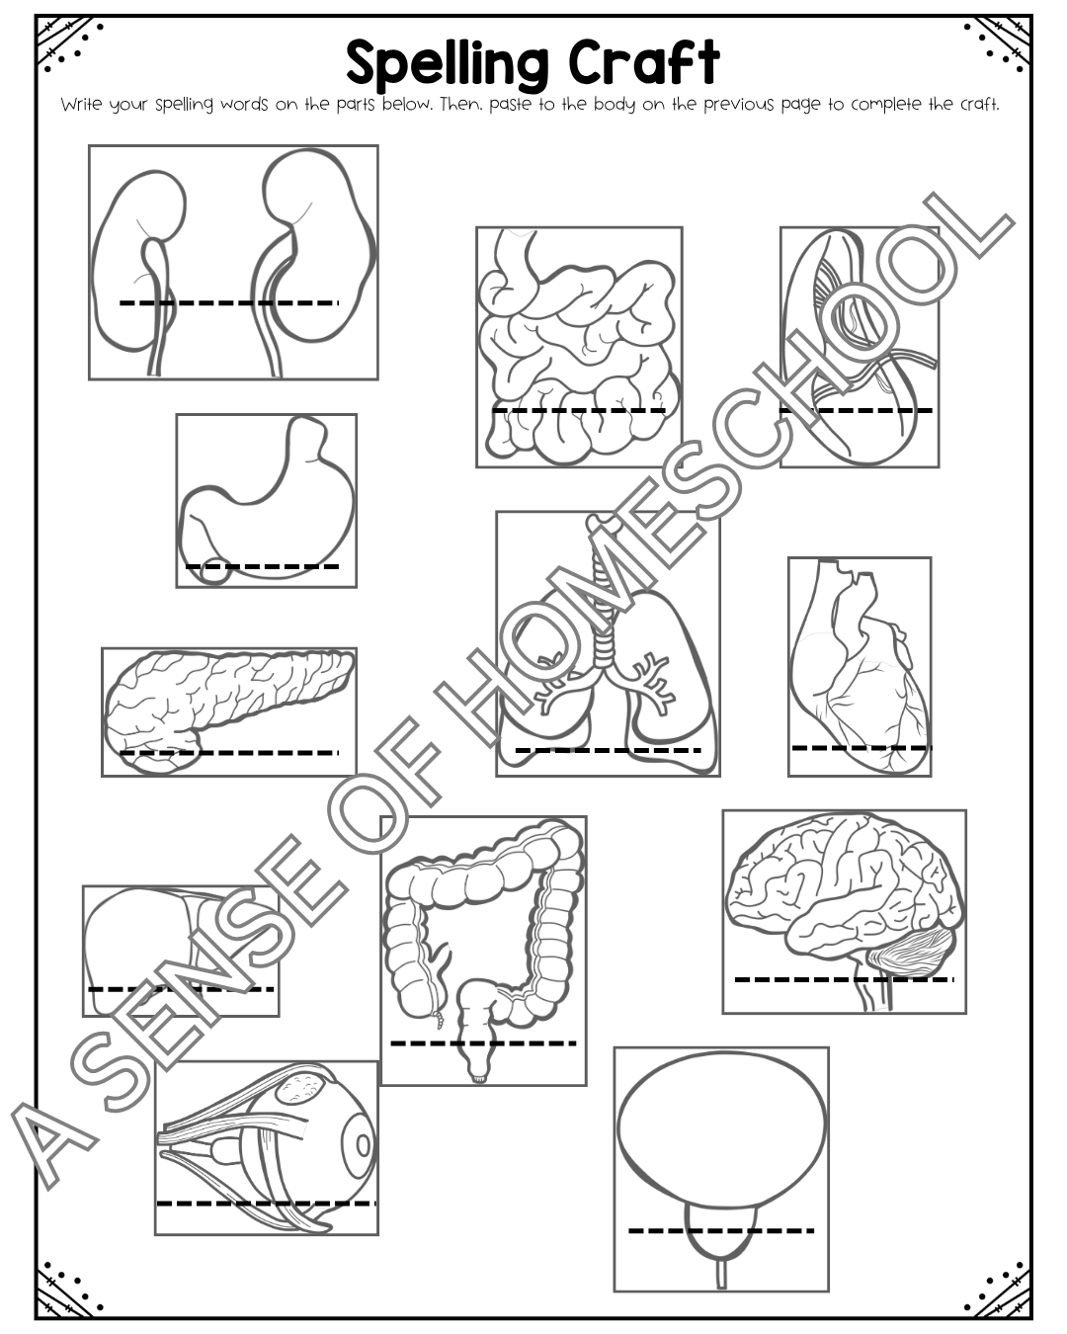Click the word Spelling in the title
coord(447,64)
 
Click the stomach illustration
coord(267,502)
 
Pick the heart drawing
coord(861,670)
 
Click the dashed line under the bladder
coord(721,1230)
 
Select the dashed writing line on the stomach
coord(262,566)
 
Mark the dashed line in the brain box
coord(844,979)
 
